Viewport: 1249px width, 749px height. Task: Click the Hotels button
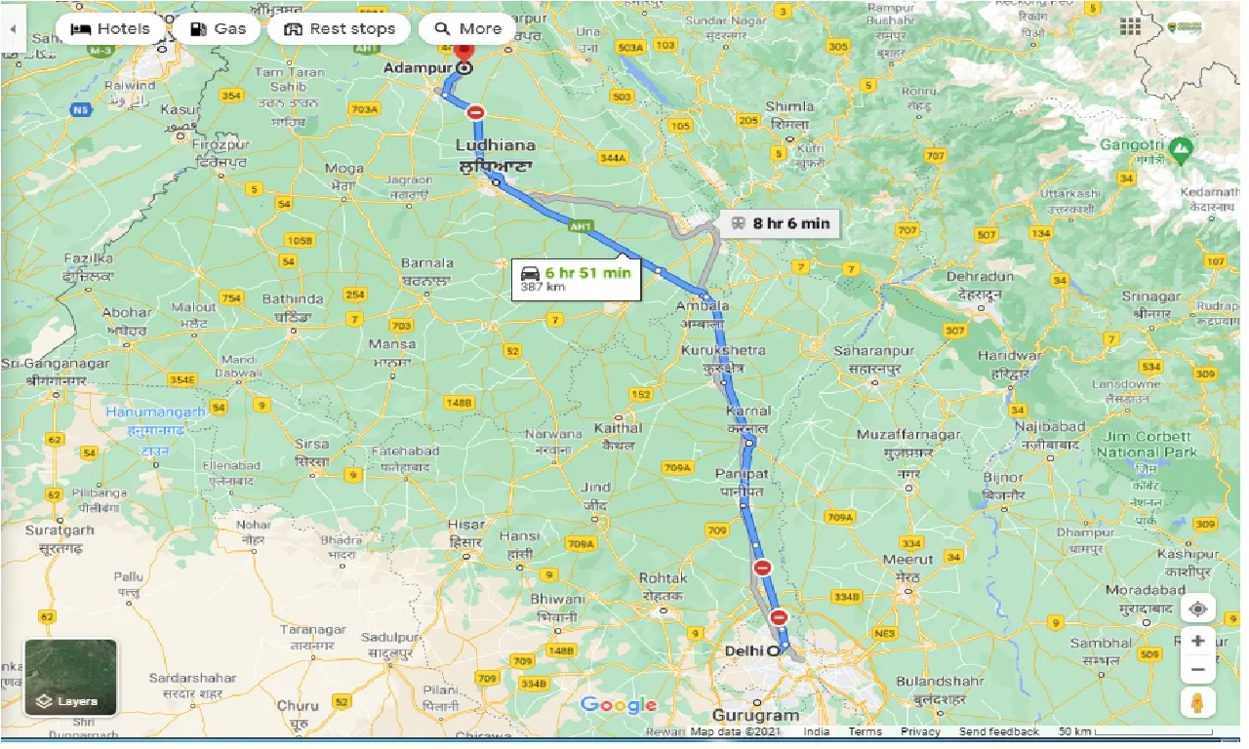(110, 28)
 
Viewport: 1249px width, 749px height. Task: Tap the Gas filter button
(218, 28)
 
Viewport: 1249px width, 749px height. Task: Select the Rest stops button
(340, 28)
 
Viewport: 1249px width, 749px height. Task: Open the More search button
(467, 28)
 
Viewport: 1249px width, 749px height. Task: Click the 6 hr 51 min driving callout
(576, 278)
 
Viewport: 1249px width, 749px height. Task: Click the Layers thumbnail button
(70, 677)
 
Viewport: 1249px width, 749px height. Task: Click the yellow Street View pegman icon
(1196, 701)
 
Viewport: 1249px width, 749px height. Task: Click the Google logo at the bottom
(619, 705)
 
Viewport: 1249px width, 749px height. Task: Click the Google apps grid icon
(1130, 27)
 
